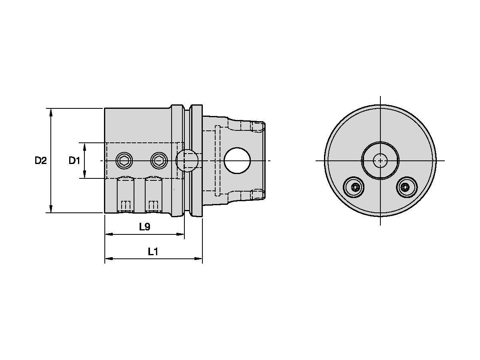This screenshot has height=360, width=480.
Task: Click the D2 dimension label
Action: [40, 161]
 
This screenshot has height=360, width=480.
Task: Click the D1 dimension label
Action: [74, 161]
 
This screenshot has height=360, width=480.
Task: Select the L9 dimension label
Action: [144, 227]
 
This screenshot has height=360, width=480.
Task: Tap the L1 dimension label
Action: [153, 252]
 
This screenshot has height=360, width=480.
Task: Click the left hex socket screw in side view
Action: [124, 161]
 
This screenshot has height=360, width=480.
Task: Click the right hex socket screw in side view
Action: [158, 161]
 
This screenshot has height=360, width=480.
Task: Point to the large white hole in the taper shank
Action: [237, 160]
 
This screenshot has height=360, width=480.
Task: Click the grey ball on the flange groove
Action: [187, 160]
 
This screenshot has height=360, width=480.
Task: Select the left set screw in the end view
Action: [354, 187]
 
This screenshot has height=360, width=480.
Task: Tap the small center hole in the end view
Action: [380, 161]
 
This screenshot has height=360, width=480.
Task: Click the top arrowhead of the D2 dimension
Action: [51, 112]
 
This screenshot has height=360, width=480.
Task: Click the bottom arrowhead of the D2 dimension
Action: [51, 209]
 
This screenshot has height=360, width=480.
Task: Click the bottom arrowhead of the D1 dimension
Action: [85, 175]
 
